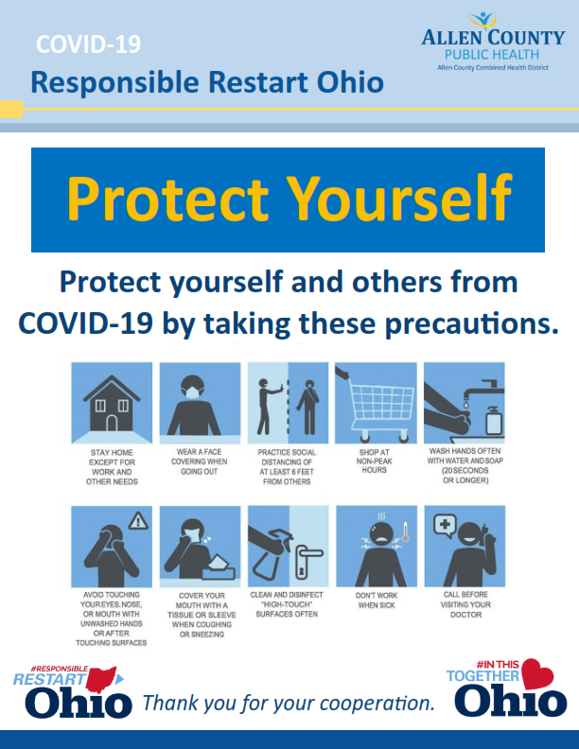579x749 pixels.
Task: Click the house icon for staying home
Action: (x=112, y=404)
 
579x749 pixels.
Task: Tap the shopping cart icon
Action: (x=377, y=405)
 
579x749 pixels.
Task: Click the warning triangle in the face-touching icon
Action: (x=138, y=521)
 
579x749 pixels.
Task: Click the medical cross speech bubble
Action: (x=445, y=526)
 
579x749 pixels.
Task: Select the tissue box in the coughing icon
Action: (x=219, y=567)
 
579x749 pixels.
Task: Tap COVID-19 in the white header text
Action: (x=88, y=44)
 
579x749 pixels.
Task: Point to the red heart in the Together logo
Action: (x=537, y=673)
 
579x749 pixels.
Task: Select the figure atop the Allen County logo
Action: (x=483, y=20)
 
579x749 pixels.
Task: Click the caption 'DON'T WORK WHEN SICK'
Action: (x=377, y=601)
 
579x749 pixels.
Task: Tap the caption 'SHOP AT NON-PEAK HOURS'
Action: (x=374, y=461)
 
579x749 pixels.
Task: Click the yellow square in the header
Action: (x=11, y=109)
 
